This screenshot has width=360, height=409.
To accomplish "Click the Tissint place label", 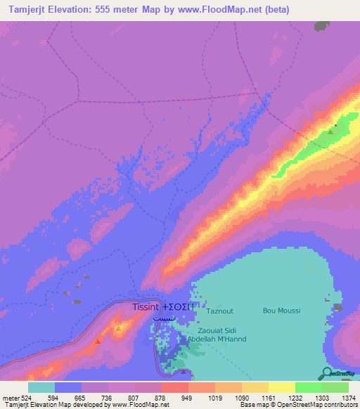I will [x=146, y=307].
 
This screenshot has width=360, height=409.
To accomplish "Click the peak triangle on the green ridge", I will [x=330, y=131].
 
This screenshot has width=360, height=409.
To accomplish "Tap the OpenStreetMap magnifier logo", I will [x=326, y=372].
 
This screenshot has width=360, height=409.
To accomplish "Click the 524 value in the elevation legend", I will [x=27, y=398].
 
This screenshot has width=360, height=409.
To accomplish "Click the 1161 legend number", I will [x=268, y=398].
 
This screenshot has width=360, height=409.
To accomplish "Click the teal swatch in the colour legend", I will [x=41, y=387].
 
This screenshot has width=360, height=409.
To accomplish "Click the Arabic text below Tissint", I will [x=161, y=318].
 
